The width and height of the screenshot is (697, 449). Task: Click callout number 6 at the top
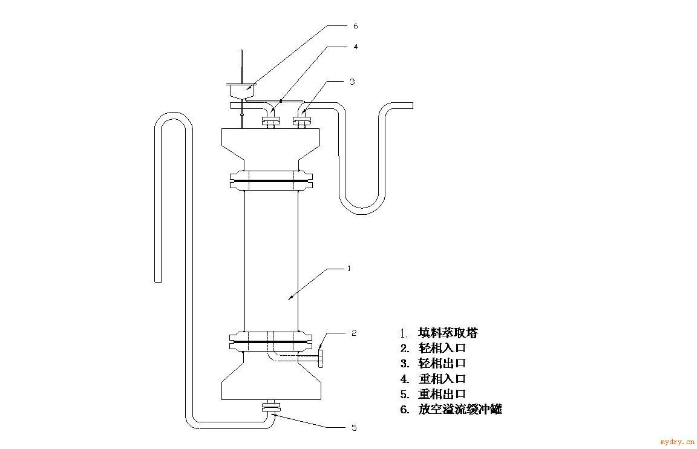355,26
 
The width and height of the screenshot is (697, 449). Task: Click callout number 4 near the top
356,47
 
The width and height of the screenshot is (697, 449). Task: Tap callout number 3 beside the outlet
352,82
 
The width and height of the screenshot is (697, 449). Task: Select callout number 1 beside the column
349,269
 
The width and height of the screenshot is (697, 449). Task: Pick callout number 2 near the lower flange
354,333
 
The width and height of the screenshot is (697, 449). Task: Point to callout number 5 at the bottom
355,428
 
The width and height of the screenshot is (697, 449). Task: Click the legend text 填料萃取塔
448,333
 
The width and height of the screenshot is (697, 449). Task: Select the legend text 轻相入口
442,348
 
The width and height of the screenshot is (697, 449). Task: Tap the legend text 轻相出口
442,363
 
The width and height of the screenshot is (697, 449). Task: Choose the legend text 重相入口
442,379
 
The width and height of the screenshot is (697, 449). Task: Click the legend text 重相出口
442,394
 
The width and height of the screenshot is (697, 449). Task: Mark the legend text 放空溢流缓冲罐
460,410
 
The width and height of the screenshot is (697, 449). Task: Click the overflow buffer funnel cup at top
241,91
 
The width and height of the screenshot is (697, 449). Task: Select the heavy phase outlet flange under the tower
271,406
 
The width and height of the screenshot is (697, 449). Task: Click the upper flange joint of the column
271,181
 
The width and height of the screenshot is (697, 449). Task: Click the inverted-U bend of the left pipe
174,116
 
